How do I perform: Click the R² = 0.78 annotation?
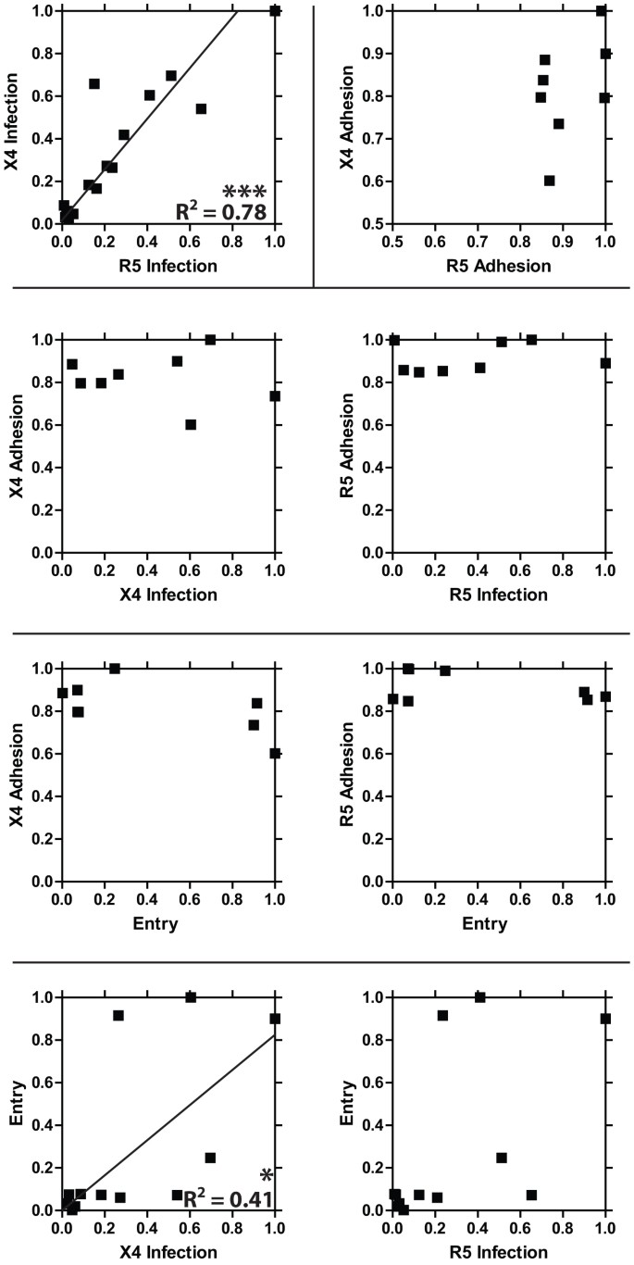[x=221, y=212]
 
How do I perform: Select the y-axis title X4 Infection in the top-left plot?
[x=12, y=117]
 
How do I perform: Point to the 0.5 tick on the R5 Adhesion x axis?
[x=392, y=242]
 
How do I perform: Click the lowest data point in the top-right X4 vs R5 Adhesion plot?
[x=550, y=181]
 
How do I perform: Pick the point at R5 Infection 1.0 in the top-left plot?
[x=275, y=11]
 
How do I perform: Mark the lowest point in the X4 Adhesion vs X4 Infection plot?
[x=191, y=424]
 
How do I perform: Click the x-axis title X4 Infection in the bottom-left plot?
[x=168, y=1253]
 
